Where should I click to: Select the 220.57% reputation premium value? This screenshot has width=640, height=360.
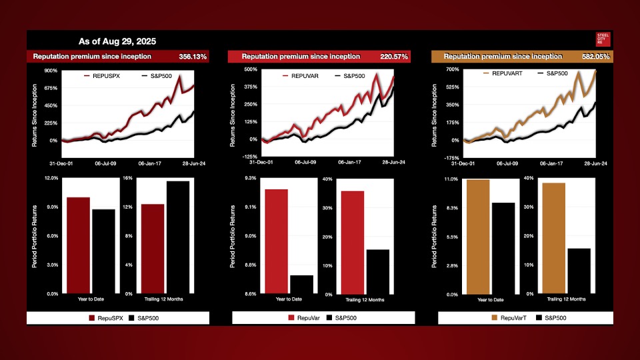pyautogui.click(x=392, y=57)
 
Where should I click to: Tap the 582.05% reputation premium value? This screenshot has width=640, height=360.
pyautogui.click(x=594, y=57)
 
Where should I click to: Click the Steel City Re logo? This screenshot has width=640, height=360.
pyautogui.click(x=603, y=39)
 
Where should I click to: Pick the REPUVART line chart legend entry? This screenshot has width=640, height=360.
pyautogui.click(x=505, y=73)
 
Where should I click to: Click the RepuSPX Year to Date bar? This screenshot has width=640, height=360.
pyautogui.click(x=78, y=245)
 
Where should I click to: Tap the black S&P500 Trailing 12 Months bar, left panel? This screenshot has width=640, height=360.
pyautogui.click(x=177, y=237)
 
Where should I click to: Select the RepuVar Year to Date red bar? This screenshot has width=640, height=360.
pyautogui.click(x=277, y=241)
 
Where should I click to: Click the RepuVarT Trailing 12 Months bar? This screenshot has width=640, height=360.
pyautogui.click(x=554, y=238)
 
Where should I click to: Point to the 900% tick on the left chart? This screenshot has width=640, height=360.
pyautogui.click(x=51, y=71)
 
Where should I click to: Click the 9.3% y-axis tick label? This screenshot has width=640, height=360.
pyautogui.click(x=250, y=179)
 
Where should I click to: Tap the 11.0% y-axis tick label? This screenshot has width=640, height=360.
pyautogui.click(x=451, y=179)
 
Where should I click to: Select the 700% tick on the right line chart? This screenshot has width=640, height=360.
pyautogui.click(x=452, y=70)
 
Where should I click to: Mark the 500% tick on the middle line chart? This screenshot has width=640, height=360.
pyautogui.click(x=251, y=69)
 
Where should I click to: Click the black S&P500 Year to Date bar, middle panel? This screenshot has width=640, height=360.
pyautogui.click(x=301, y=284)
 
